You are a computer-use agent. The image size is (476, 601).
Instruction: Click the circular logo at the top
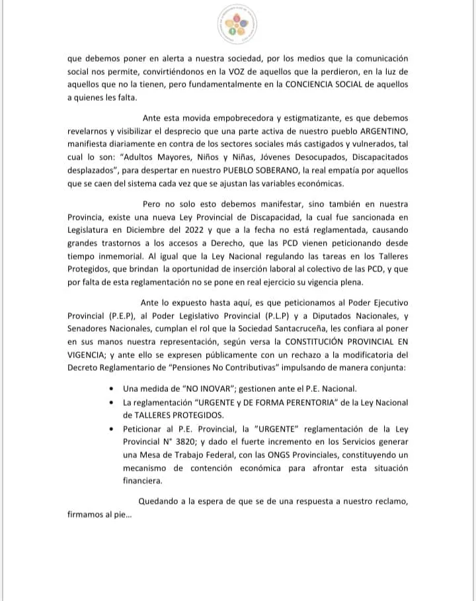[x=237, y=25]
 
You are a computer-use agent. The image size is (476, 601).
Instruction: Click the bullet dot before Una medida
[x=116, y=389]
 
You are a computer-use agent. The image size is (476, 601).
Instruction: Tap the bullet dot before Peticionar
[x=116, y=429]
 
